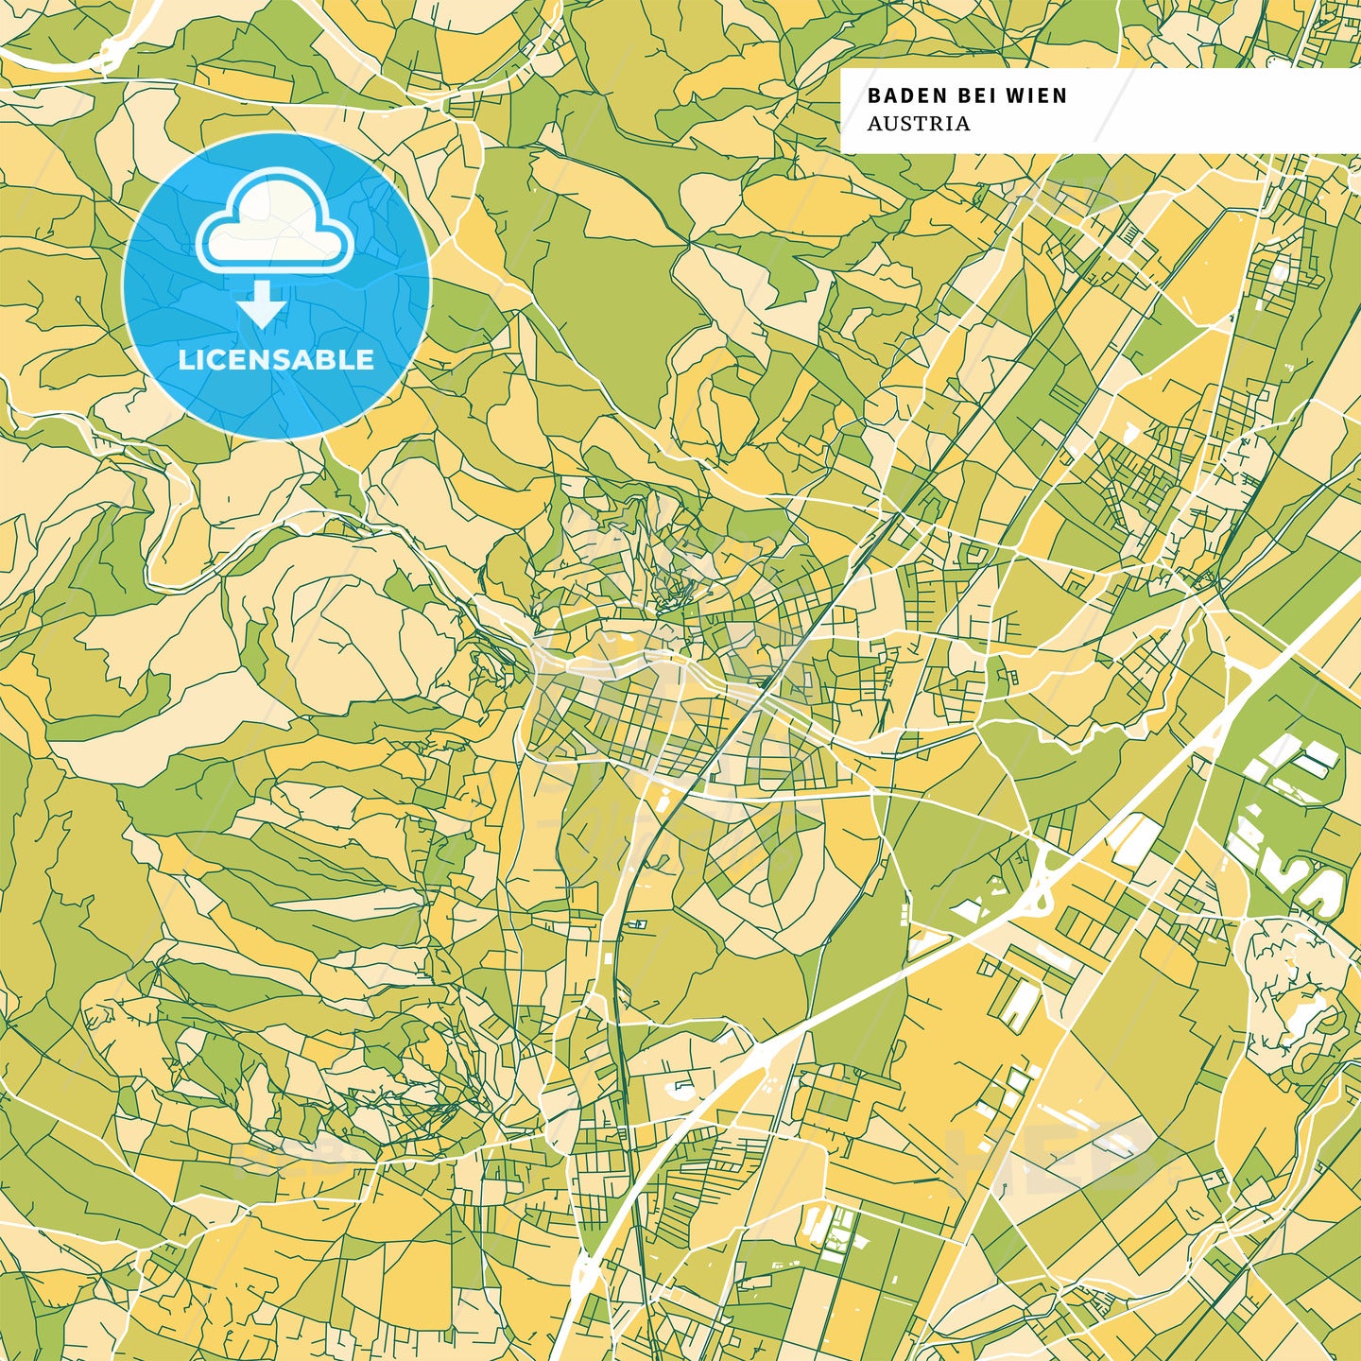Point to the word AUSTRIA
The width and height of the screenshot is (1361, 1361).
[919, 124]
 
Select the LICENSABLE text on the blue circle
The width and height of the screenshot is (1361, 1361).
[276, 359]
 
